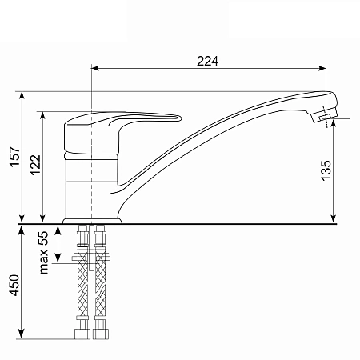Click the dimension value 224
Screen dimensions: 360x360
coord(207,61)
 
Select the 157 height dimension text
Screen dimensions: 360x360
coord(15,157)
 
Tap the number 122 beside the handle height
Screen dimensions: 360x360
coord(36,165)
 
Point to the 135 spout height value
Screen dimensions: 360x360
coord(326,170)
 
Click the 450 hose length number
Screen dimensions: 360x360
coord(15,285)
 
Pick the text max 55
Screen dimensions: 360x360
coord(43,253)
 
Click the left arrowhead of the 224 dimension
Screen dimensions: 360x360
coord(95,68)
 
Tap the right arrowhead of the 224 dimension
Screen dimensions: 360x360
coord(322,68)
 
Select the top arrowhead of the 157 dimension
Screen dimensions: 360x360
coord(22,96)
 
